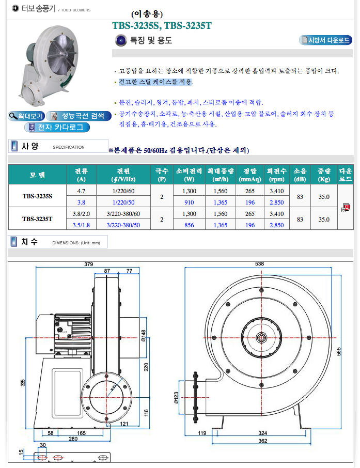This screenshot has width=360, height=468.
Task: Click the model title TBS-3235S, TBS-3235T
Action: click(162, 26)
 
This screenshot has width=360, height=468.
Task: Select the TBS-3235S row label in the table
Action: click(37, 196)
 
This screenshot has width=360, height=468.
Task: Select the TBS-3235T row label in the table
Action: click(37, 219)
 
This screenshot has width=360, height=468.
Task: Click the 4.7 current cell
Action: click(81, 191)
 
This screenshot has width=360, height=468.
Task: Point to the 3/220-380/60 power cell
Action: click(123, 213)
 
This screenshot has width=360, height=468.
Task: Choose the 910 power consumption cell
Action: click(189, 202)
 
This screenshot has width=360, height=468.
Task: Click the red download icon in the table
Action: click(346, 208)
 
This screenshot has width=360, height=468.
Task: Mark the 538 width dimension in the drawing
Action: click(259, 263)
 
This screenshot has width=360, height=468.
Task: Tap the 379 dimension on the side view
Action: click(88, 264)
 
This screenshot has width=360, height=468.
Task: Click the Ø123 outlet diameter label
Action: click(176, 396)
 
